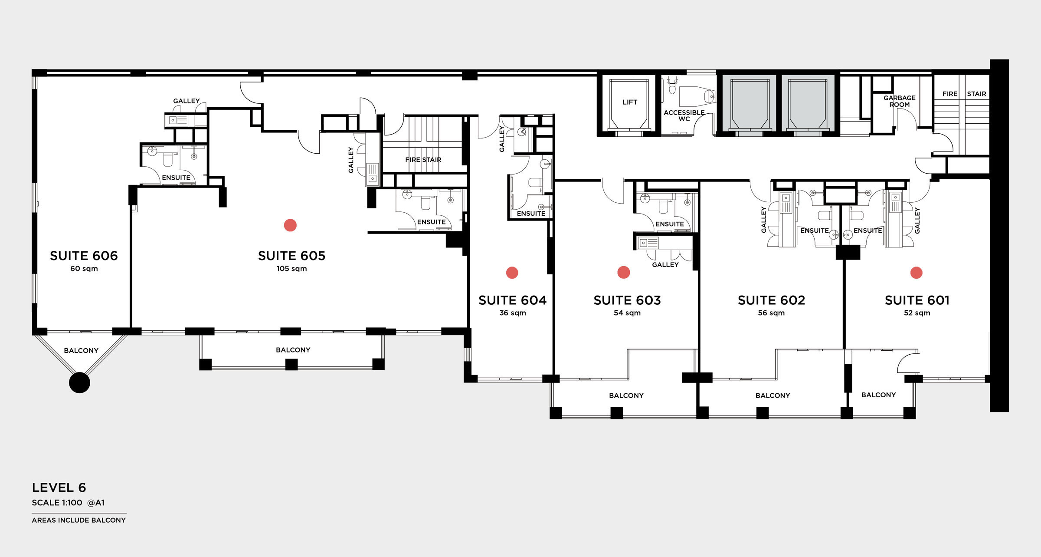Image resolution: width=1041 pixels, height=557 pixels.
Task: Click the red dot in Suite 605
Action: click(x=290, y=225)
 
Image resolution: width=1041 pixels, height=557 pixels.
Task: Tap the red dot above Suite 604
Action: click(x=512, y=273)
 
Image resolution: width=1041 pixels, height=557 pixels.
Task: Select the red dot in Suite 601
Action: click(x=917, y=273)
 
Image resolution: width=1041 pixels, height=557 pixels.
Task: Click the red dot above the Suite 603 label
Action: click(x=624, y=272)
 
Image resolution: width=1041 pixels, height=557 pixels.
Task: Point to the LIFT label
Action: click(x=630, y=102)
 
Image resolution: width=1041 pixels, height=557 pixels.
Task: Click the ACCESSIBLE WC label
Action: click(x=684, y=115)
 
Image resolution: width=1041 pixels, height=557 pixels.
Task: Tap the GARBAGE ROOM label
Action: click(x=900, y=101)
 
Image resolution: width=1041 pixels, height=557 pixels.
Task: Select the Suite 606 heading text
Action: click(x=84, y=256)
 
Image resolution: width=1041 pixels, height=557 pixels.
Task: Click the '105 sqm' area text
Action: click(x=291, y=269)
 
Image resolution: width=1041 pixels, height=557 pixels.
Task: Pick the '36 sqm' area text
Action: click(x=513, y=313)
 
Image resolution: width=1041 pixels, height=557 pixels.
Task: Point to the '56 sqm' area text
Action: click(x=771, y=313)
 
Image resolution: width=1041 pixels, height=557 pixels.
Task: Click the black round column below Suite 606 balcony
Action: click(x=79, y=382)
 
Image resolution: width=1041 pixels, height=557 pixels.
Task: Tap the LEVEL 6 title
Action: click(x=59, y=488)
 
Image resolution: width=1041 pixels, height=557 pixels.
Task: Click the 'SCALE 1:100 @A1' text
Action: click(x=68, y=503)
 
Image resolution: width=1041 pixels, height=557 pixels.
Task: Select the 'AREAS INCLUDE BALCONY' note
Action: click(x=79, y=520)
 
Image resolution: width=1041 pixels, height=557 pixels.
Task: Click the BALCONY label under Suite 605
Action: click(x=293, y=350)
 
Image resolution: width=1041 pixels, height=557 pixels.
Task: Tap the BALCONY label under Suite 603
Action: click(x=626, y=396)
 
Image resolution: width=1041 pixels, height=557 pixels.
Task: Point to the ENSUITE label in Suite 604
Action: click(x=531, y=214)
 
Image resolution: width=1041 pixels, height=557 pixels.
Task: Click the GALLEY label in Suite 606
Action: click(x=187, y=101)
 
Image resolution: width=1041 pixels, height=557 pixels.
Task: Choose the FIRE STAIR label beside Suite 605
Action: click(x=423, y=160)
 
